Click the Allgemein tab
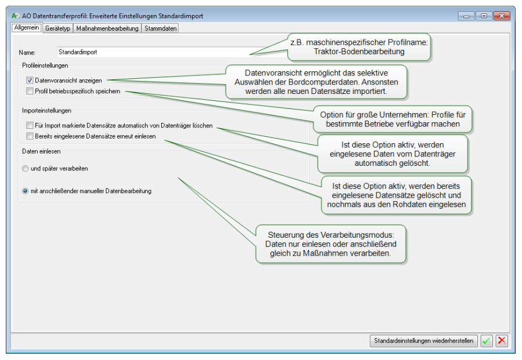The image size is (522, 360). tap(26, 28)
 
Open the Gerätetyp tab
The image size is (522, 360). tap(58, 28)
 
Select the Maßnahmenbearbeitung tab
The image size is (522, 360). tap(107, 28)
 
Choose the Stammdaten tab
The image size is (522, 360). tap(161, 28)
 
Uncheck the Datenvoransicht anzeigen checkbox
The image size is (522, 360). tap(30, 81)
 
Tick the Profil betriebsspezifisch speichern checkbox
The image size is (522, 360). tap(30, 91)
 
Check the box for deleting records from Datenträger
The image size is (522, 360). tap(30, 125)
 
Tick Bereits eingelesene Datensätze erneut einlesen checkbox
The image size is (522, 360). tap(30, 136)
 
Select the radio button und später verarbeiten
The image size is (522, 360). tap(25, 169)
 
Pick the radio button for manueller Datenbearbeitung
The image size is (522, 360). tap(25, 191)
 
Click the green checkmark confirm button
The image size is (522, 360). tap(487, 341)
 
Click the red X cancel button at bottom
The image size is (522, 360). tap(502, 341)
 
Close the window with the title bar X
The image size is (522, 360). tap(502, 16)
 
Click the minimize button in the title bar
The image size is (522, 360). tap(466, 16)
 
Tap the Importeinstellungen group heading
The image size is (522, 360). tap(46, 111)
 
